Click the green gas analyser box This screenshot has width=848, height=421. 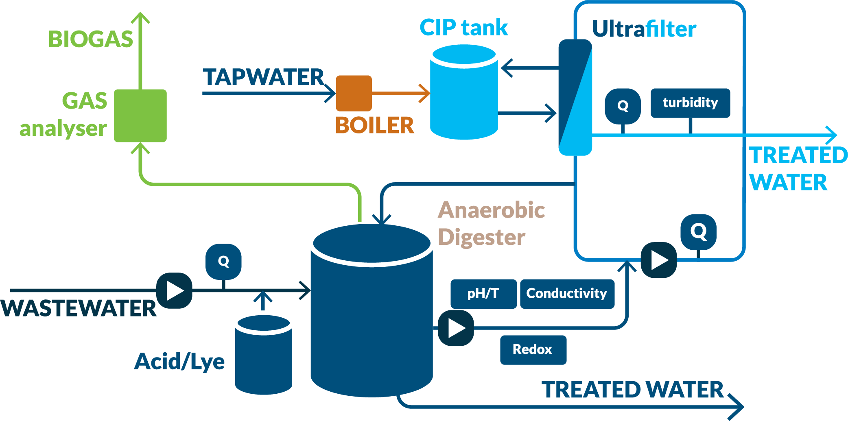click(140, 116)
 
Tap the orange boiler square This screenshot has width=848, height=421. click(354, 93)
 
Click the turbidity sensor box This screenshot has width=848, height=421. click(690, 103)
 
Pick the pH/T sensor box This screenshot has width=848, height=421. click(483, 293)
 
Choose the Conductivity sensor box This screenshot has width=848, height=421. click(567, 293)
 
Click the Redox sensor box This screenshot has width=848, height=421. click(533, 349)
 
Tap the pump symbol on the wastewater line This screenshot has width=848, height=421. click(175, 290)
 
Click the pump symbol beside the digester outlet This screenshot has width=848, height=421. click(456, 328)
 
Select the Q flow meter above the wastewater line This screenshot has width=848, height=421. click(223, 262)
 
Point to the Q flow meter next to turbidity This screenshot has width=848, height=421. click(623, 106)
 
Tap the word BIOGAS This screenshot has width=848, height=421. click(91, 39)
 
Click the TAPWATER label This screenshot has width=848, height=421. click(263, 77)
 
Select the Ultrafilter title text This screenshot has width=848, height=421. click(644, 29)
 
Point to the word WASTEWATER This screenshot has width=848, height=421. click(79, 308)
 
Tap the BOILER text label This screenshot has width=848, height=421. click(374, 125)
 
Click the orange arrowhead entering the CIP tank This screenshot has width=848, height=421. click(425, 93)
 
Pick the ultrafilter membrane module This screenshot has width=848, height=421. click(575, 98)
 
